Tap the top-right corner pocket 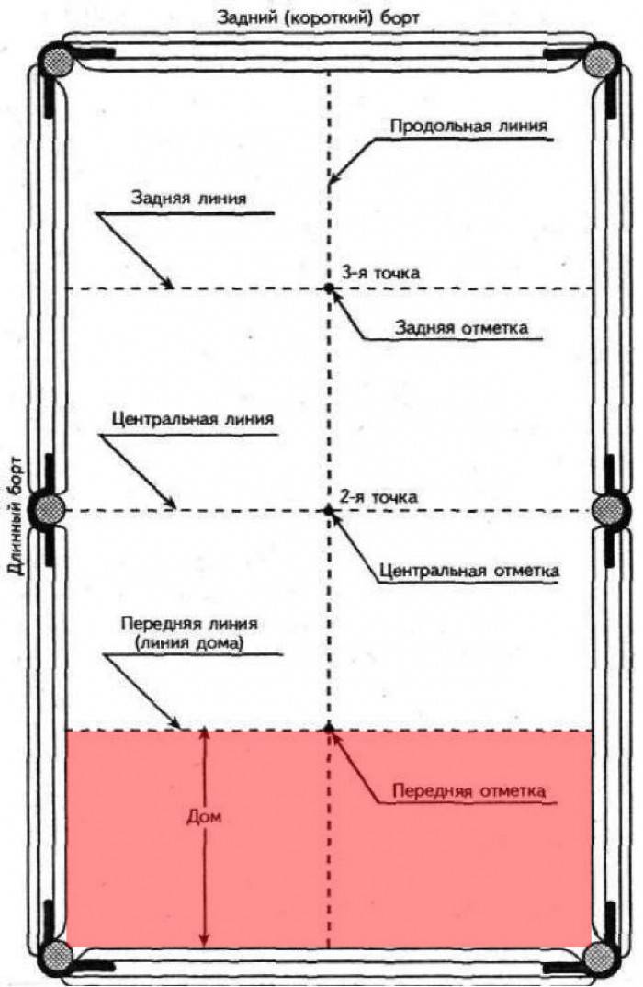(x=601, y=62)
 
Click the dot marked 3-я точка (x=329, y=289)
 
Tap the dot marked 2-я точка (x=329, y=509)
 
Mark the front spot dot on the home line (x=329, y=730)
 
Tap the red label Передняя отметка (x=468, y=790)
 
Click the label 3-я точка (x=379, y=272)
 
